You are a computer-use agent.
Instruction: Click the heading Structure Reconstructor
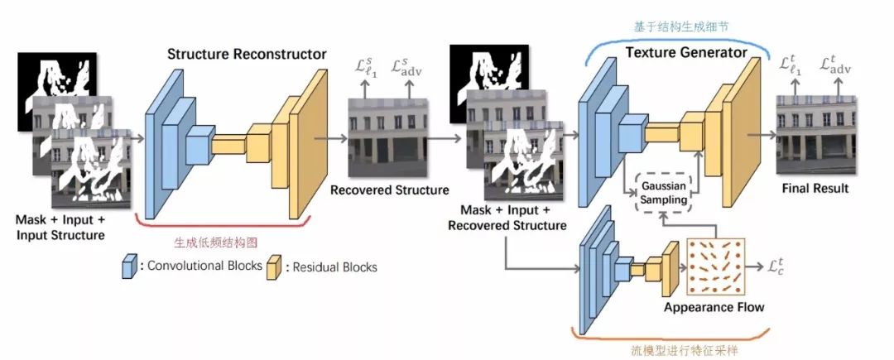[x=247, y=55]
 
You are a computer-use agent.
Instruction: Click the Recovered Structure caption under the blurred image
[x=389, y=190]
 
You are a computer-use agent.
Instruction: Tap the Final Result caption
[x=815, y=188]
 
